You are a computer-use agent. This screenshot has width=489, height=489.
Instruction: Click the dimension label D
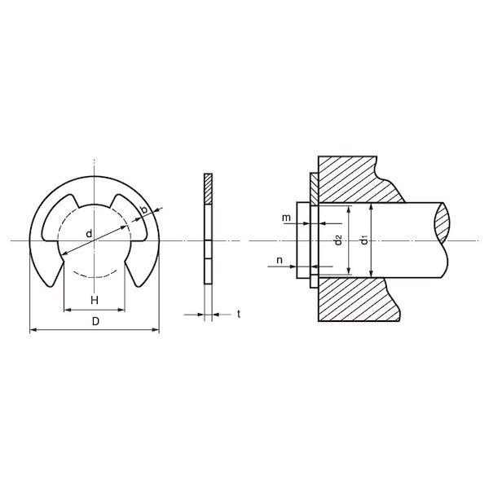tap(95, 321)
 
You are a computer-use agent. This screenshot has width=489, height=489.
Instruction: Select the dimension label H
tap(95, 300)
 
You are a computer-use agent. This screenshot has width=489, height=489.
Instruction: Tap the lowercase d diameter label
tap(89, 233)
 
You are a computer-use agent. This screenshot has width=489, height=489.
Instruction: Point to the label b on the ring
tap(144, 209)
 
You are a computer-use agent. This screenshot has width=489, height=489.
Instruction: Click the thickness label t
tap(239, 314)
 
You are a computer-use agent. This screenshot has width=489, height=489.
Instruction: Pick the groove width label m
tap(286, 218)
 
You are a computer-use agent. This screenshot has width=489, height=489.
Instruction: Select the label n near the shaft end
tap(280, 260)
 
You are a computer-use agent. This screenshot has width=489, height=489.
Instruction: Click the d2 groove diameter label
tap(338, 240)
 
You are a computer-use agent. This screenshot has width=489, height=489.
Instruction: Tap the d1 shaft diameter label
tap(363, 240)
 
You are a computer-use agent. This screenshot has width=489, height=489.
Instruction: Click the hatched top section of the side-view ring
tap(208, 189)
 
